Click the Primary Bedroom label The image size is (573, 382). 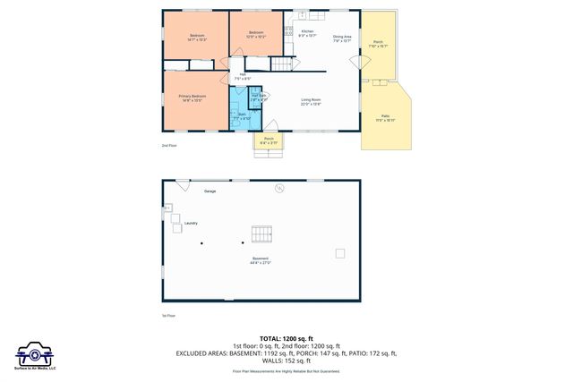[x=192, y=98]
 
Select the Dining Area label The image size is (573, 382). [x=342, y=38]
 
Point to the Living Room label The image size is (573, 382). [x=312, y=101]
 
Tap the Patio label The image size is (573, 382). [x=385, y=117]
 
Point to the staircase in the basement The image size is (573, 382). [x=261, y=233]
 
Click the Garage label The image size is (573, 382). [x=210, y=191]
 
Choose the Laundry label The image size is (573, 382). [x=191, y=223]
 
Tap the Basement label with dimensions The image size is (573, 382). [x=261, y=261]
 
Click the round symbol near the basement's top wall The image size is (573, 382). [x=279, y=188]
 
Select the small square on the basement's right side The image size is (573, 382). [x=340, y=253]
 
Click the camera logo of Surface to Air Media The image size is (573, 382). [x=35, y=352]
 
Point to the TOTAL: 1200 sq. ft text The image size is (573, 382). [x=286, y=338]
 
